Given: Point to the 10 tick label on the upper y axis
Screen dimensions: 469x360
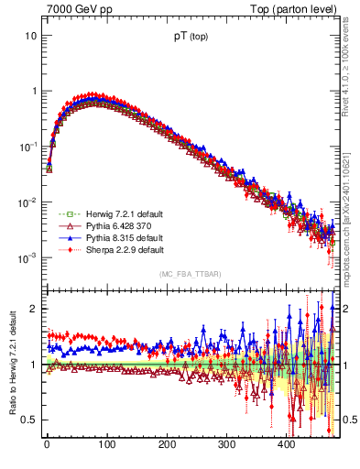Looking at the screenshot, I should [30, 36].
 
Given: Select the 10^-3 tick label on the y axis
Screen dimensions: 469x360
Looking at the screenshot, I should [27, 258].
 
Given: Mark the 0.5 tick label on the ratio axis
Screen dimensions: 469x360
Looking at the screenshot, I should [28, 420].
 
